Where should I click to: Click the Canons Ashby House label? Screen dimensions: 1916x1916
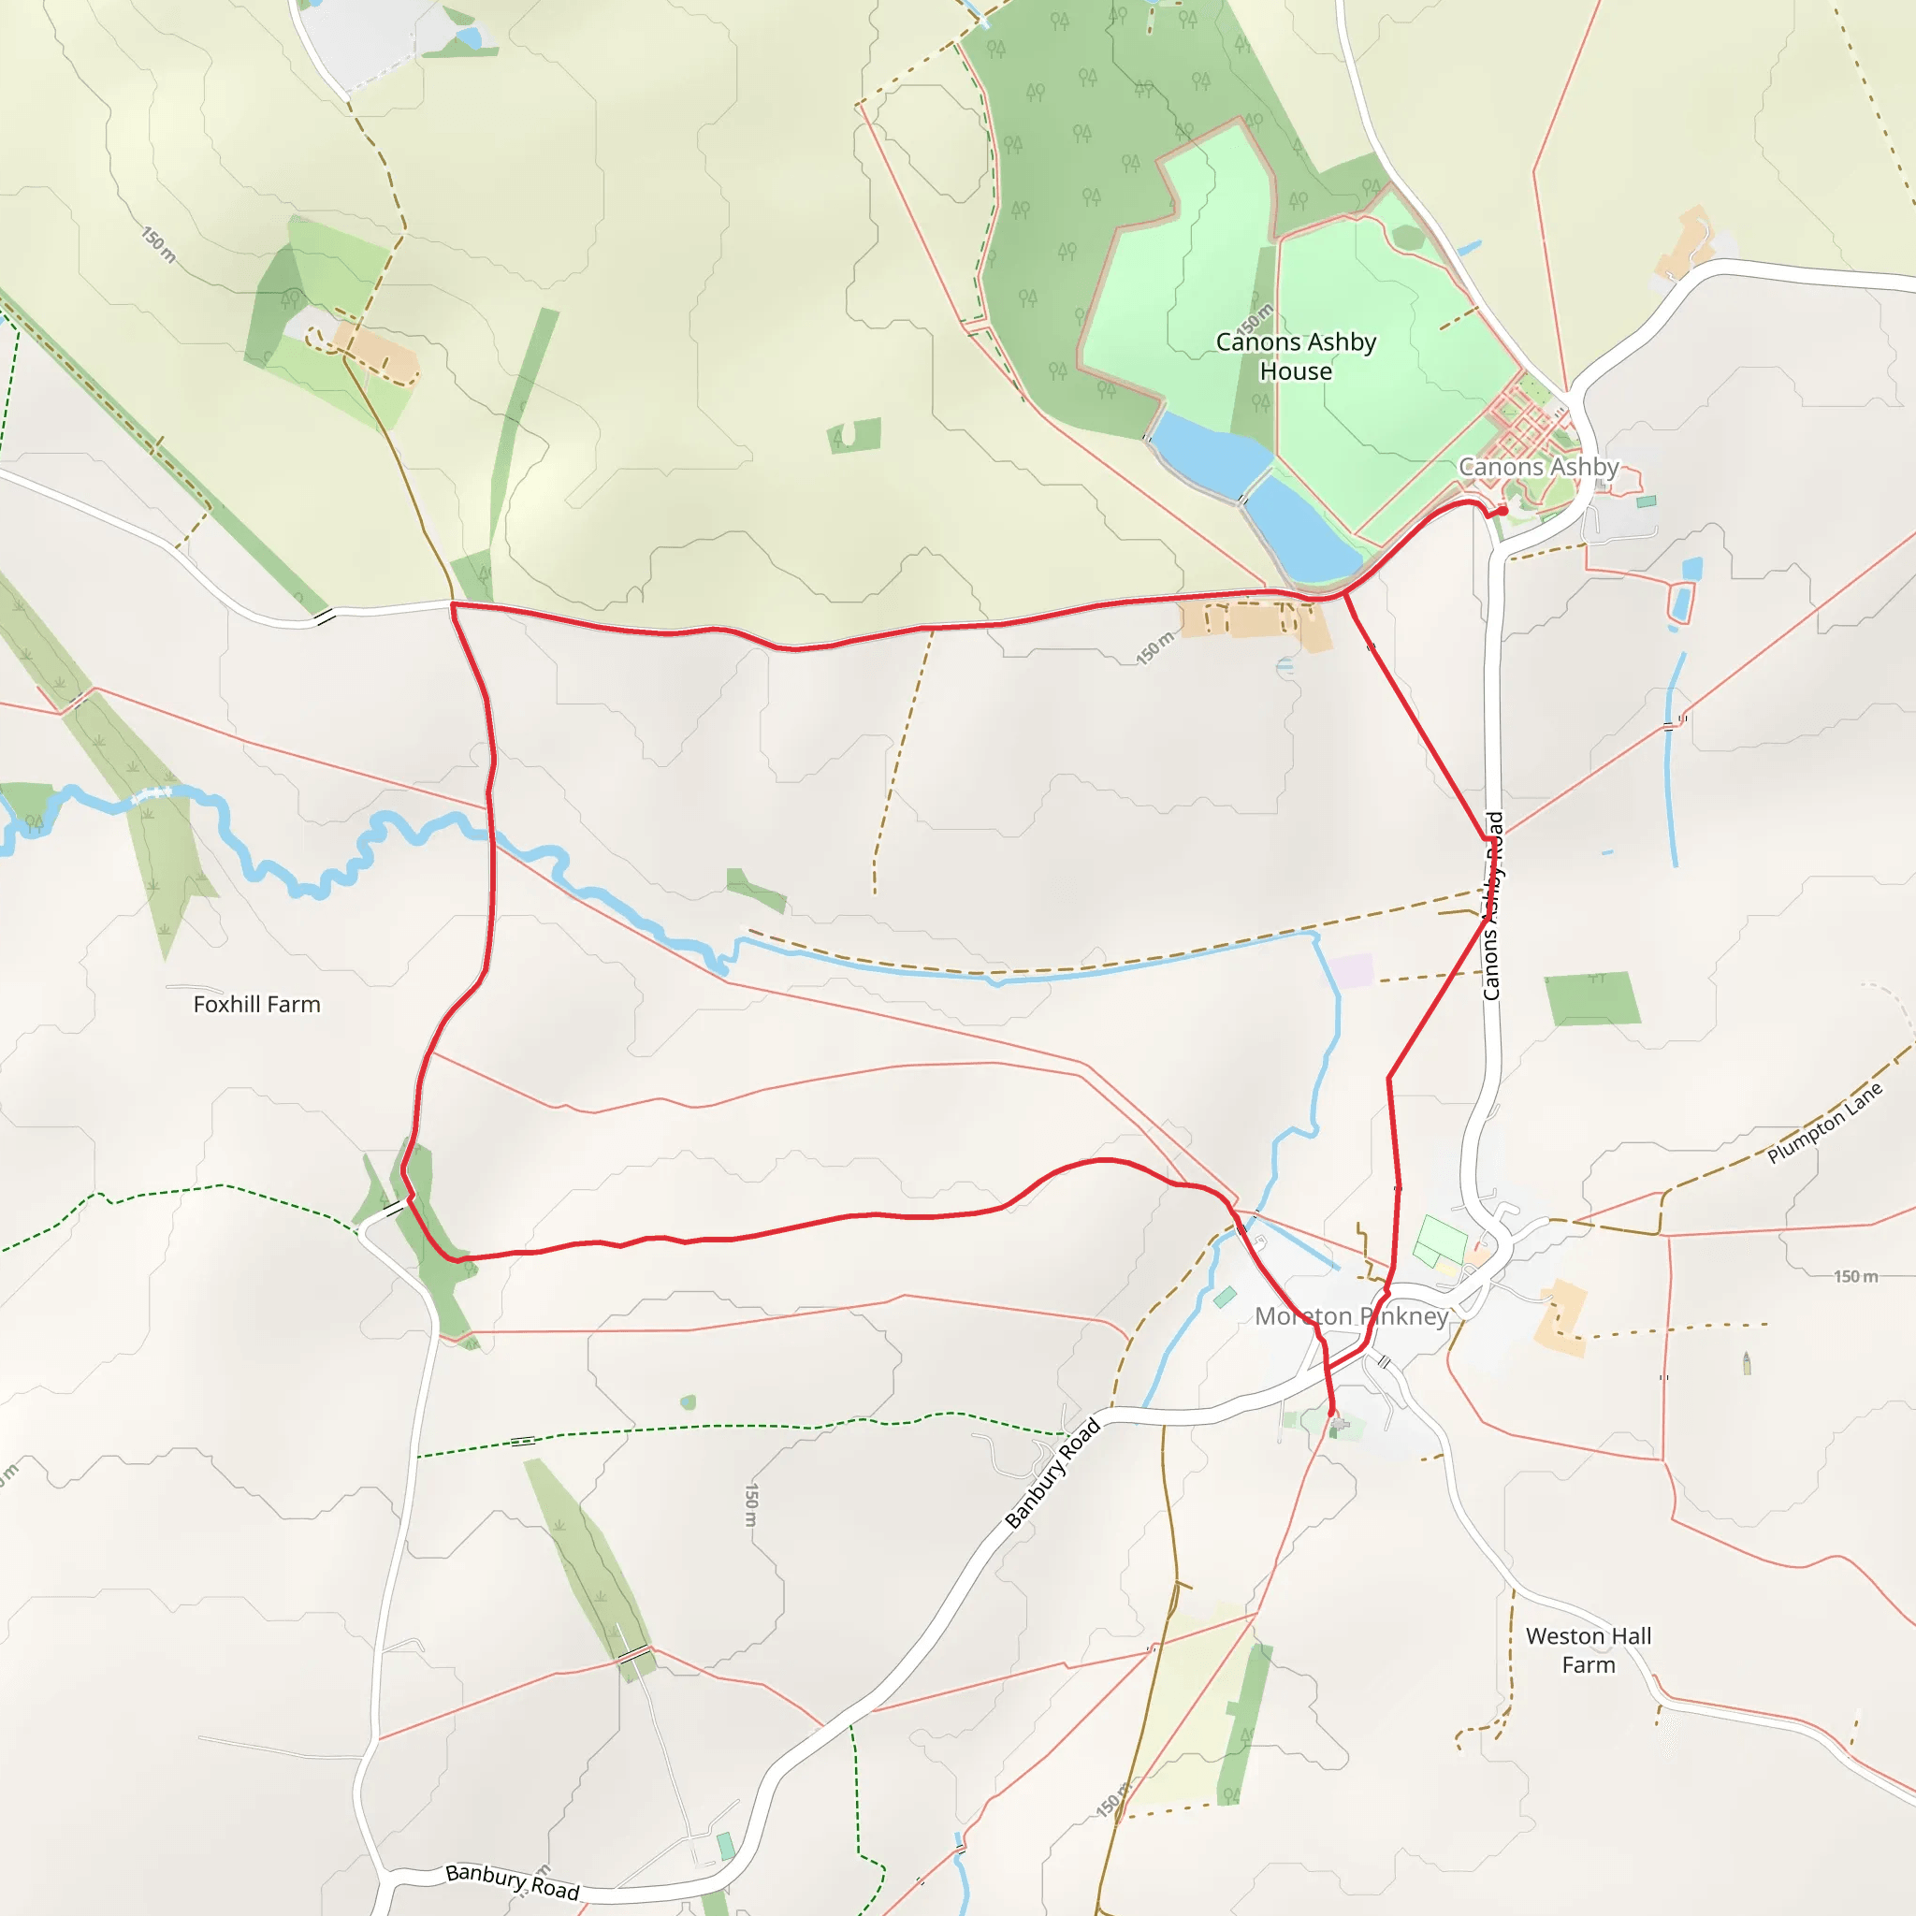coord(1296,356)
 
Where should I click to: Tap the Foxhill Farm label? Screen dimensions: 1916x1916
coord(257,1005)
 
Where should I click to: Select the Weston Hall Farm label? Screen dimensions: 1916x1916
coord(1588,1650)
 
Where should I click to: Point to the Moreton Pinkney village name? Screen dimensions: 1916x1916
coord(1352,1316)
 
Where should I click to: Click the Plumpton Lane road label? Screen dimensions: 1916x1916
coord(1823,1123)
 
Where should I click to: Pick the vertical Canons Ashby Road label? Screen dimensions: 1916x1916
coord(1492,906)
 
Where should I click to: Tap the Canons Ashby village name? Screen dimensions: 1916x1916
coord(1538,466)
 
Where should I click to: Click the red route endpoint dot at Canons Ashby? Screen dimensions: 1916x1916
coord(1502,511)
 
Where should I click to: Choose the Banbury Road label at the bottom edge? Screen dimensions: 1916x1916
coord(512,1881)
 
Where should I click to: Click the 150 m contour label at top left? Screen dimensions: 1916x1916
coord(159,244)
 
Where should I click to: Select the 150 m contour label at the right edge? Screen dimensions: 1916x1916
coord(1854,1276)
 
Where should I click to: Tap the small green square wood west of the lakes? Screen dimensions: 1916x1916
coord(854,435)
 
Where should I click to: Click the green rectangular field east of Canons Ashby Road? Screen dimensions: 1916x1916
coord(1590,997)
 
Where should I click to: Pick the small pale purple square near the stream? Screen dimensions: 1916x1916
coord(1352,971)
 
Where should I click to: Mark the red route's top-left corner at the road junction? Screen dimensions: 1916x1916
coord(452,603)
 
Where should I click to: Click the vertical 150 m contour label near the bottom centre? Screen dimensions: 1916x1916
coord(752,1505)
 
